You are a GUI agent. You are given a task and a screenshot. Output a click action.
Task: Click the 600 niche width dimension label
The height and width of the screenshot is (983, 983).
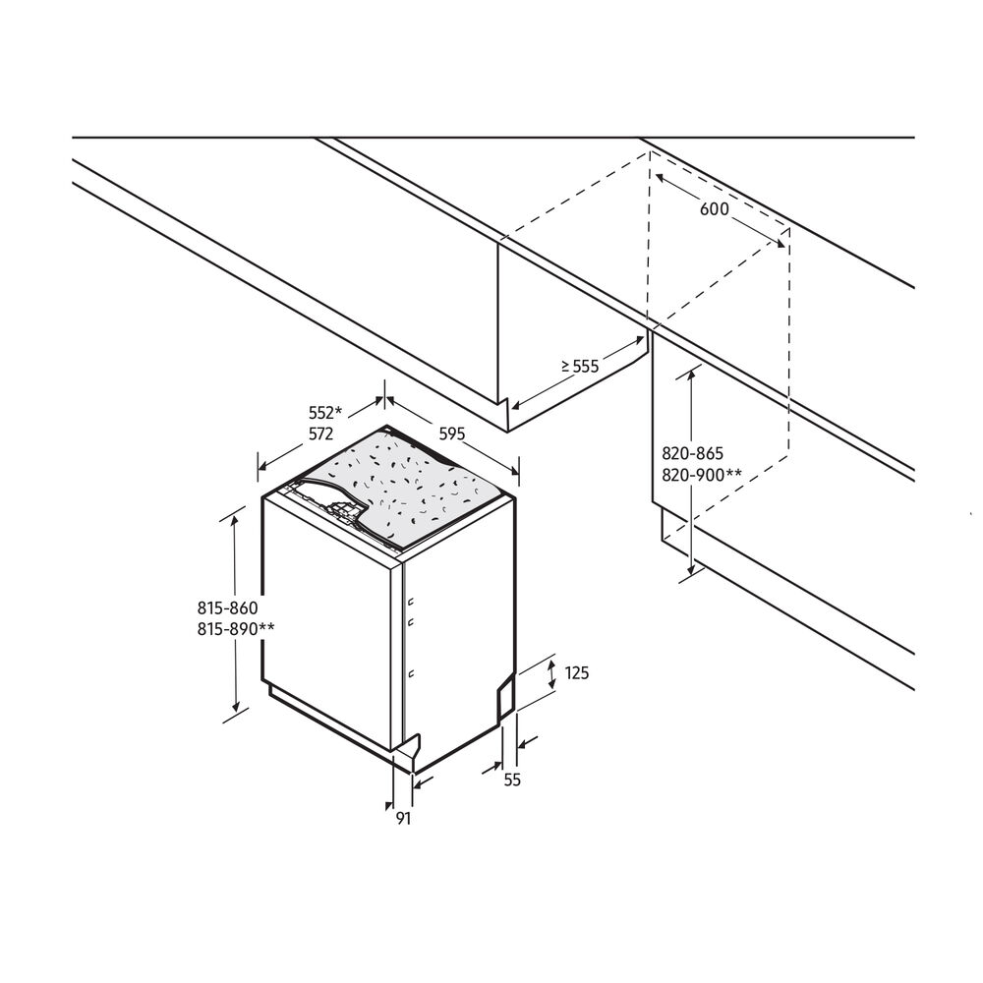[715, 208]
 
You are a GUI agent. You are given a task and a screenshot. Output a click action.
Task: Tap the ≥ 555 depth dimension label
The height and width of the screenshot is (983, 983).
[580, 366]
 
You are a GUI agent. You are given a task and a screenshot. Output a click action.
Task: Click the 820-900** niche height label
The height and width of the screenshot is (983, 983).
[701, 475]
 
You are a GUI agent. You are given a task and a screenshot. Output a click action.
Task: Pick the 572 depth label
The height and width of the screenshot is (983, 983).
[320, 434]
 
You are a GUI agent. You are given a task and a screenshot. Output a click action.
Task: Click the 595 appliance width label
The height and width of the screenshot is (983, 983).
[452, 433]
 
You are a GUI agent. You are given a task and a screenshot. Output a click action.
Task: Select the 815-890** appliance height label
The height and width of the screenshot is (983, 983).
[227, 629]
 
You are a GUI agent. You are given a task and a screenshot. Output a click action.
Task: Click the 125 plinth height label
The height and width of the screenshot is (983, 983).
[577, 673]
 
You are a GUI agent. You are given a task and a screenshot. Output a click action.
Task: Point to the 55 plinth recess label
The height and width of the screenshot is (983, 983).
[511, 780]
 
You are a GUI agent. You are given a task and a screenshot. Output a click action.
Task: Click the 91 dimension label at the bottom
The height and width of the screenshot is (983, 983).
[403, 818]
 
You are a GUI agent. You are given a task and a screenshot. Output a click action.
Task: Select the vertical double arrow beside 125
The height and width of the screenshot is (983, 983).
[549, 674]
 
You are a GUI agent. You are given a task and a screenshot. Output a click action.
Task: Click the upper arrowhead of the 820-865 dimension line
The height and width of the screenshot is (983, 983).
[694, 375]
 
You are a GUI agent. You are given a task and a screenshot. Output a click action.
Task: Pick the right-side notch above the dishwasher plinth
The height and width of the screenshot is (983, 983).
[504, 692]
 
